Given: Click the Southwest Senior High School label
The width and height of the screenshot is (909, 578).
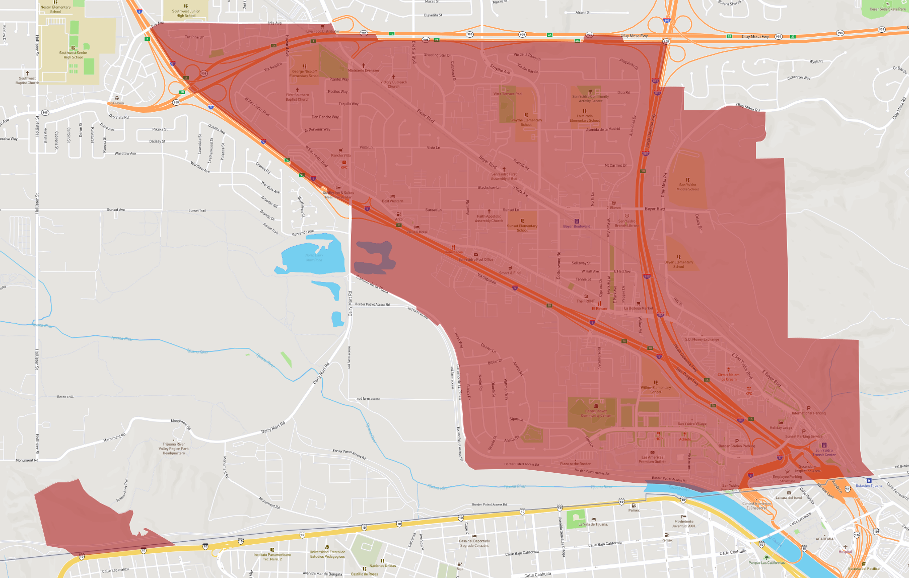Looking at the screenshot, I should (x=73, y=55).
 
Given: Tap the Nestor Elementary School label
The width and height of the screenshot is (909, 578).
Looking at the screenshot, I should (x=55, y=10).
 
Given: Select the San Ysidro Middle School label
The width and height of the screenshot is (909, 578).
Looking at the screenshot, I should (x=687, y=187).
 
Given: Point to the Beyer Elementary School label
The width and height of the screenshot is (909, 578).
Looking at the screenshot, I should (x=678, y=264).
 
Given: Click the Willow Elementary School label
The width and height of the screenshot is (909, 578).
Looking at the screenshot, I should (x=656, y=390).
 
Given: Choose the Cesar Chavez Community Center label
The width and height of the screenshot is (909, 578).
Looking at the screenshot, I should (x=596, y=413).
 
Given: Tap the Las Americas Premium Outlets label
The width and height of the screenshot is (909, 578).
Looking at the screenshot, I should (x=652, y=459).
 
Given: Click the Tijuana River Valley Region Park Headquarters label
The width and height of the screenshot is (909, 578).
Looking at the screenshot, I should (x=174, y=449).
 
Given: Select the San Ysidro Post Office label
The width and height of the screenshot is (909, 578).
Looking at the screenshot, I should (x=475, y=259).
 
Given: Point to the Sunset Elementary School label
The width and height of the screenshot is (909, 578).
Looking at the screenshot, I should (x=522, y=228).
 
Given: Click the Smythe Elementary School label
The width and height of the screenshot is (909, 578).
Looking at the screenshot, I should (x=526, y=122).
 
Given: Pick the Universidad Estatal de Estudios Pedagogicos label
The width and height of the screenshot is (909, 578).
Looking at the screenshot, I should (x=327, y=554).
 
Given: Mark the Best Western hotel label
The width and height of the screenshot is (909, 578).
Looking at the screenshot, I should (x=392, y=201).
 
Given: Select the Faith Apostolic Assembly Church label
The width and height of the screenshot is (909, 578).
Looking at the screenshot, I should (x=488, y=218).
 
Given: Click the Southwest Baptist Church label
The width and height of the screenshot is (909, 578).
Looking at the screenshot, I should (x=27, y=81).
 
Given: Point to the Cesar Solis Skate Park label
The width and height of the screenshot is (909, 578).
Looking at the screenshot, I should (x=887, y=9).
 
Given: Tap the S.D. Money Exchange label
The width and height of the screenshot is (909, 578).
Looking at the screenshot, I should (x=702, y=339).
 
